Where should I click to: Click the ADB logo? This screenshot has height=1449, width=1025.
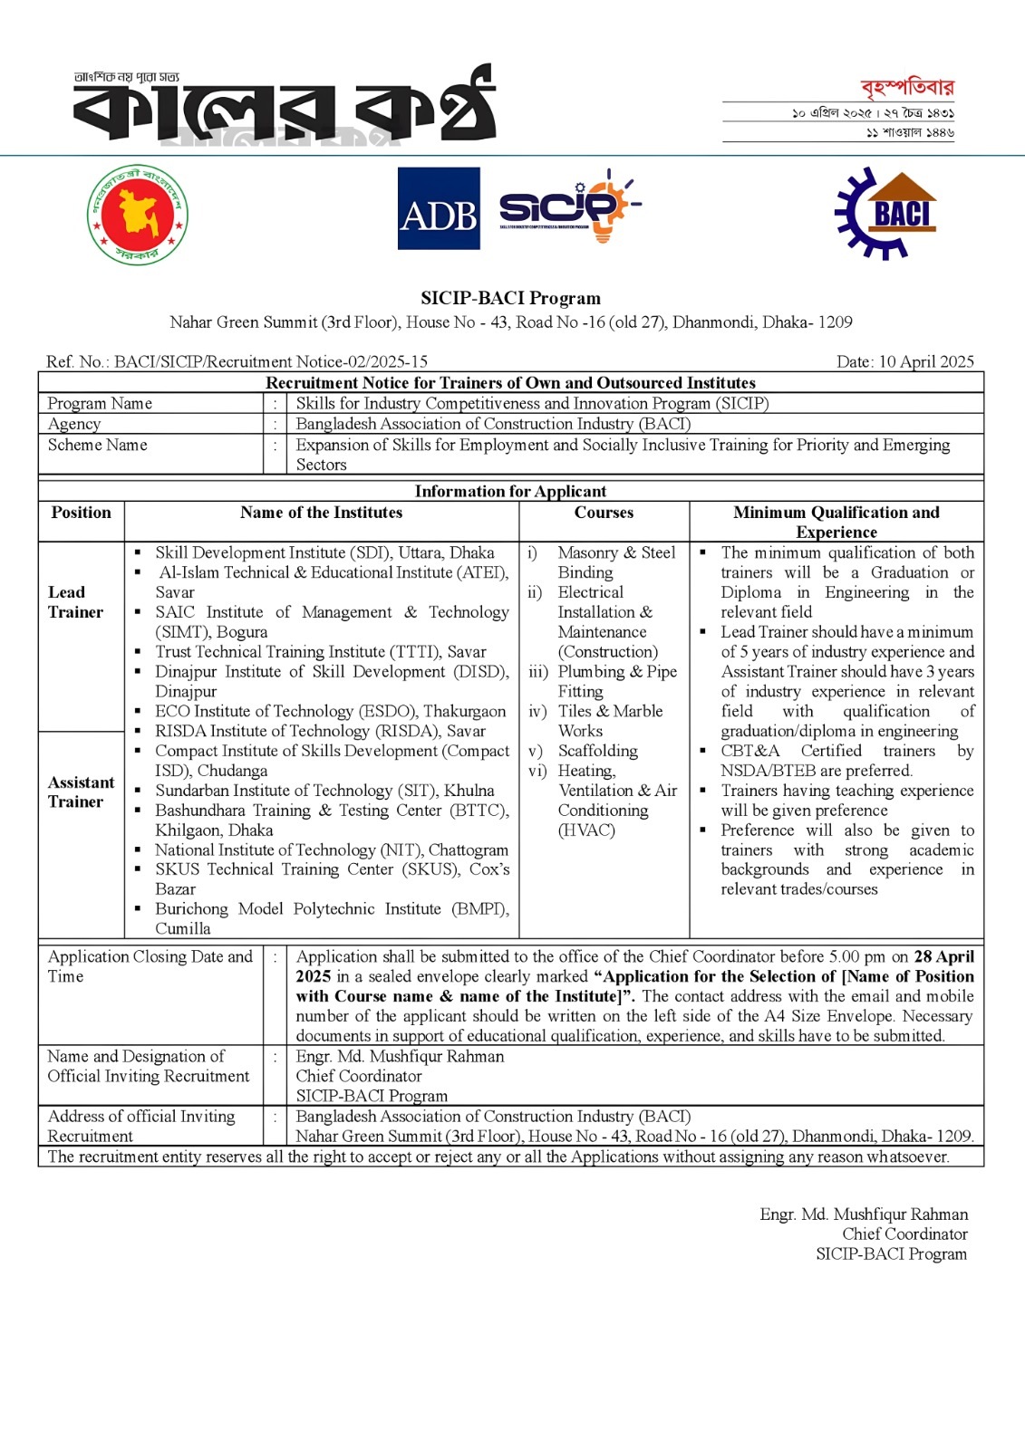point(439,209)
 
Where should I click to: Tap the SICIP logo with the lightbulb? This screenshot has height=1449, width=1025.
point(568,207)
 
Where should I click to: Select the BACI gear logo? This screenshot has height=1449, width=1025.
point(885,214)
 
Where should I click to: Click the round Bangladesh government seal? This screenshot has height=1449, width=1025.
point(138,215)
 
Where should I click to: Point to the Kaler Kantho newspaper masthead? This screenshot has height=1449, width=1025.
point(284,106)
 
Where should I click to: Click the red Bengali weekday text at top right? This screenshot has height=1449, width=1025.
point(906,88)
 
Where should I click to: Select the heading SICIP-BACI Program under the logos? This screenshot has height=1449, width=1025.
point(510,298)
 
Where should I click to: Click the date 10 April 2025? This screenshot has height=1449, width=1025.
point(904,361)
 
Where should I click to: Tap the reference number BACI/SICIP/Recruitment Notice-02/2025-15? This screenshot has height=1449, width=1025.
point(270,361)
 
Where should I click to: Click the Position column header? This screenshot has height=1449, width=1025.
point(81,513)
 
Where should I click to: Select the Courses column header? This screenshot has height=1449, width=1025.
point(604,513)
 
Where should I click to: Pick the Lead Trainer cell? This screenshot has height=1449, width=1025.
point(75,602)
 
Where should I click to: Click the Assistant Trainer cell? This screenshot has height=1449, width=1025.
point(81,792)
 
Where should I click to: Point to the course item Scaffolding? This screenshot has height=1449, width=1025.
point(597,751)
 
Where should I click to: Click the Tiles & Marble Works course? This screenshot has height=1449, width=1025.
point(609,721)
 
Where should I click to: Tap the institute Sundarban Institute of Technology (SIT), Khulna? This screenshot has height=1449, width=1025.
point(324,791)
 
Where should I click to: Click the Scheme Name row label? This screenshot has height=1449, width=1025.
point(97,445)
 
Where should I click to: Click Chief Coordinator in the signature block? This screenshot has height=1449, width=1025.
point(904,1233)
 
